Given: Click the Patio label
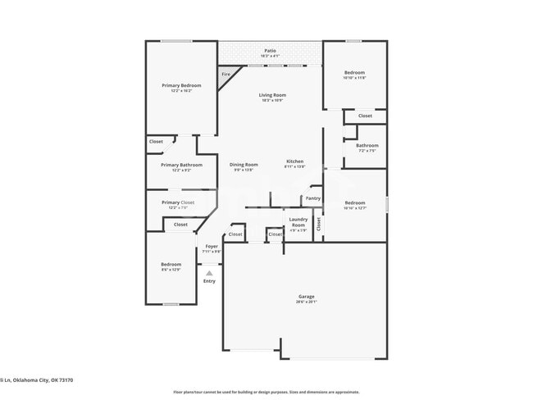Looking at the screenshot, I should point(270,51).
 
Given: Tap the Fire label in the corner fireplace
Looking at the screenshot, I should point(226,75).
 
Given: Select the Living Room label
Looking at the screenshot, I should point(271,95).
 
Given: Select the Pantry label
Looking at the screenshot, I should point(312,198).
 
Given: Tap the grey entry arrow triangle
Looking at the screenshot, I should point(209,273).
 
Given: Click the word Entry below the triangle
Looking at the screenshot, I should point(209,281).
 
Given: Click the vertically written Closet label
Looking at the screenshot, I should point(320,223).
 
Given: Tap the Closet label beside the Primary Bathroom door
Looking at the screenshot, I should point(156,142).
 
